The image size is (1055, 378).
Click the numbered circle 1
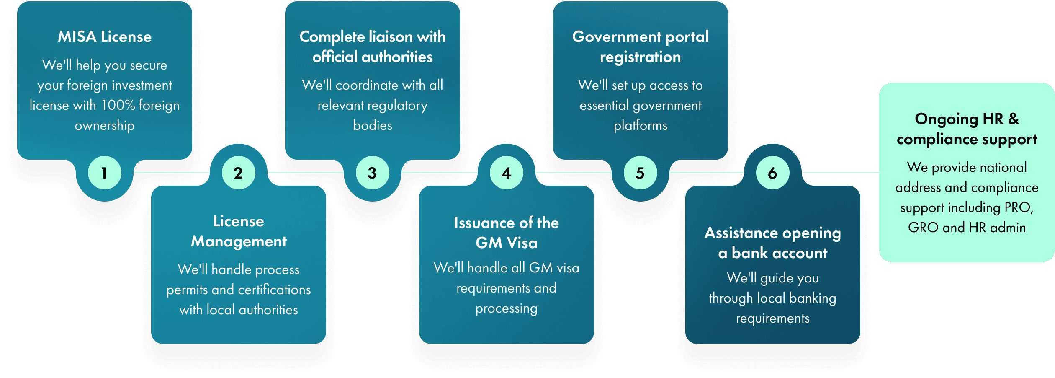pyautogui.click(x=104, y=173)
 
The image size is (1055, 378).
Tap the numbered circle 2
pyautogui.click(x=238, y=173)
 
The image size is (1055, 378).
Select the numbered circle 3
pyautogui.click(x=372, y=173)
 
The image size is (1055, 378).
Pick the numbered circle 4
pyautogui.click(x=506, y=173)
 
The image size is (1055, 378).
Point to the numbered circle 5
pyautogui.click(x=640, y=173)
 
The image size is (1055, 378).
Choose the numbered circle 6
pyautogui.click(x=772, y=173)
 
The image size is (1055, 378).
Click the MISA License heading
pyautogui.click(x=105, y=37)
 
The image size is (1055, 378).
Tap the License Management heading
pyautogui.click(x=239, y=231)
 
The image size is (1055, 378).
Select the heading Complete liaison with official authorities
pyautogui.click(x=373, y=47)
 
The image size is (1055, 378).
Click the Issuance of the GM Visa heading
pyautogui.click(x=506, y=233)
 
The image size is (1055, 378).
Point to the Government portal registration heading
pyautogui.click(x=641, y=47)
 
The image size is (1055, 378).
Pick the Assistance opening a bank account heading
pyautogui.click(x=773, y=243)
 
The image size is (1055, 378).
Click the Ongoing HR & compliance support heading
pyautogui.click(x=967, y=129)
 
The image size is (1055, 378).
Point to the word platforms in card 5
pyautogui.click(x=641, y=125)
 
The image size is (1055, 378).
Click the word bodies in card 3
pyautogui.click(x=373, y=125)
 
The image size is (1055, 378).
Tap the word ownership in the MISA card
pyautogui.click(x=105, y=125)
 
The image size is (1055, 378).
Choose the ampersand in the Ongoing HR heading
pyautogui.click(x=1014, y=119)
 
